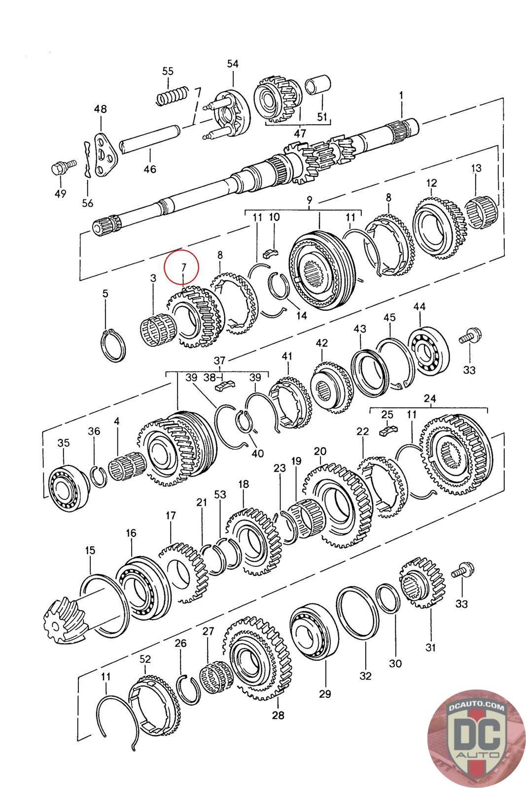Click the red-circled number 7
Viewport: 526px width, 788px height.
tap(183, 267)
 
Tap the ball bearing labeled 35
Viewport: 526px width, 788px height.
tap(69, 487)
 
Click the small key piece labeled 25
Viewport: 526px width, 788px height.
tap(388, 430)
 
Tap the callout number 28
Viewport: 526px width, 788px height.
tap(278, 715)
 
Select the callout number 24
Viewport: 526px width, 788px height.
tap(429, 398)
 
